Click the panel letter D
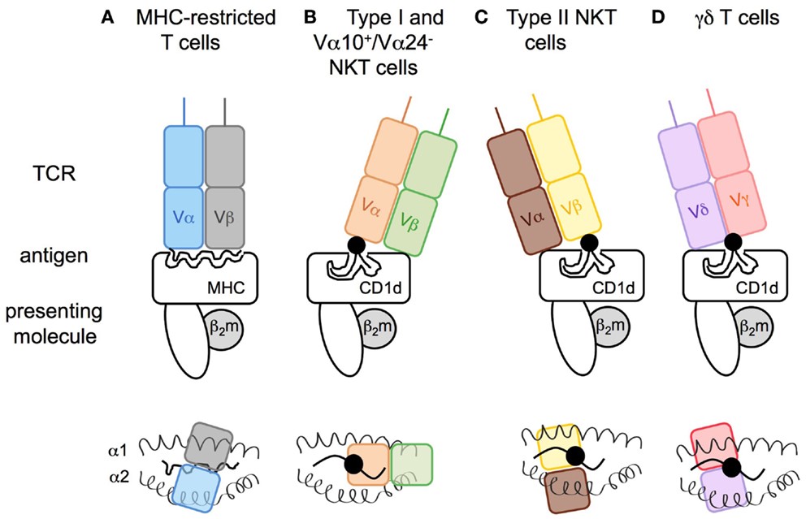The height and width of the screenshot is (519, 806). tap(660, 17)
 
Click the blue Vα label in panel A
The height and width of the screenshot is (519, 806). tap(182, 218)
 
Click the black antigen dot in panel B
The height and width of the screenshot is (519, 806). tap(356, 244)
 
